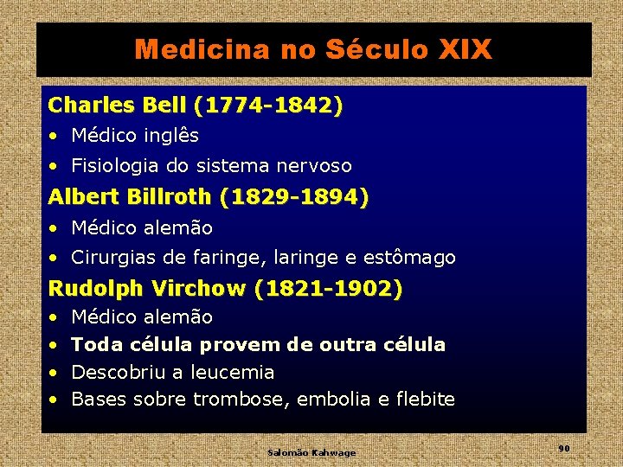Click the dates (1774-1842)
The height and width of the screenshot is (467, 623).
pos(268,106)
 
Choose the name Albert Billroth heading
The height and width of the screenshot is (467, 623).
pos(130,197)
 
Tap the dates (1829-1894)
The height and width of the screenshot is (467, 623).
pos(294,197)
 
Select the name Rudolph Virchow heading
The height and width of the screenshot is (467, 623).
pos(148,289)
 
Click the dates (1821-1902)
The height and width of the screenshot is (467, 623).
pos(329,289)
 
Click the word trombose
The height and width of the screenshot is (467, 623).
pos(241,400)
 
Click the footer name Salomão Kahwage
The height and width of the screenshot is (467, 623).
pos(311,452)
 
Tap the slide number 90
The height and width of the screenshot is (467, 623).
pos(563,448)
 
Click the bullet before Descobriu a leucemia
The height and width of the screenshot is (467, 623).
pos(54,373)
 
